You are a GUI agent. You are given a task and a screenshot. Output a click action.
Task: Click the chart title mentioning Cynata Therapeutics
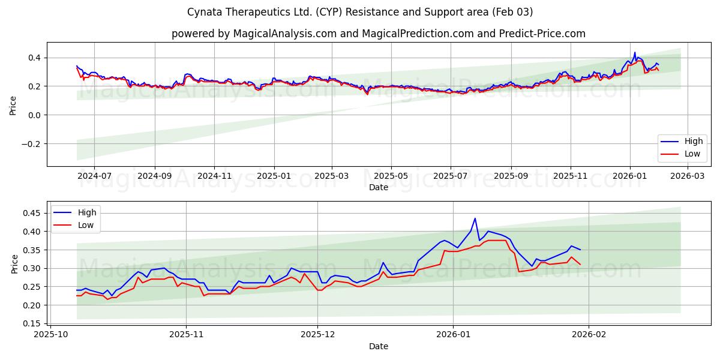pos(360,12)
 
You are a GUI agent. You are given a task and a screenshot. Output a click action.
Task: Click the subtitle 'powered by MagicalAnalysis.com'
pos(378,34)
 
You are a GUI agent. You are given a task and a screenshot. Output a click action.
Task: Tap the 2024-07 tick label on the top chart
pos(95,176)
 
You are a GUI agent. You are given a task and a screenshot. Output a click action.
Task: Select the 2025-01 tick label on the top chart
pos(274,176)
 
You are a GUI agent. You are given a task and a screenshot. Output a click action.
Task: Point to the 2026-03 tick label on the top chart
pos(688,176)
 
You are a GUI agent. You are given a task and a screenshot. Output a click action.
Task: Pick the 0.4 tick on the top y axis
pos(34,58)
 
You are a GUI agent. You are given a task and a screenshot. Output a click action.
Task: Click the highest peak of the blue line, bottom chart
pos(475,218)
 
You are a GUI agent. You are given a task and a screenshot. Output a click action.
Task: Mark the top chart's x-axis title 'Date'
pos(378,187)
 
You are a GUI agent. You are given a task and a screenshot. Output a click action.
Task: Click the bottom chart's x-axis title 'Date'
pos(378,346)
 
